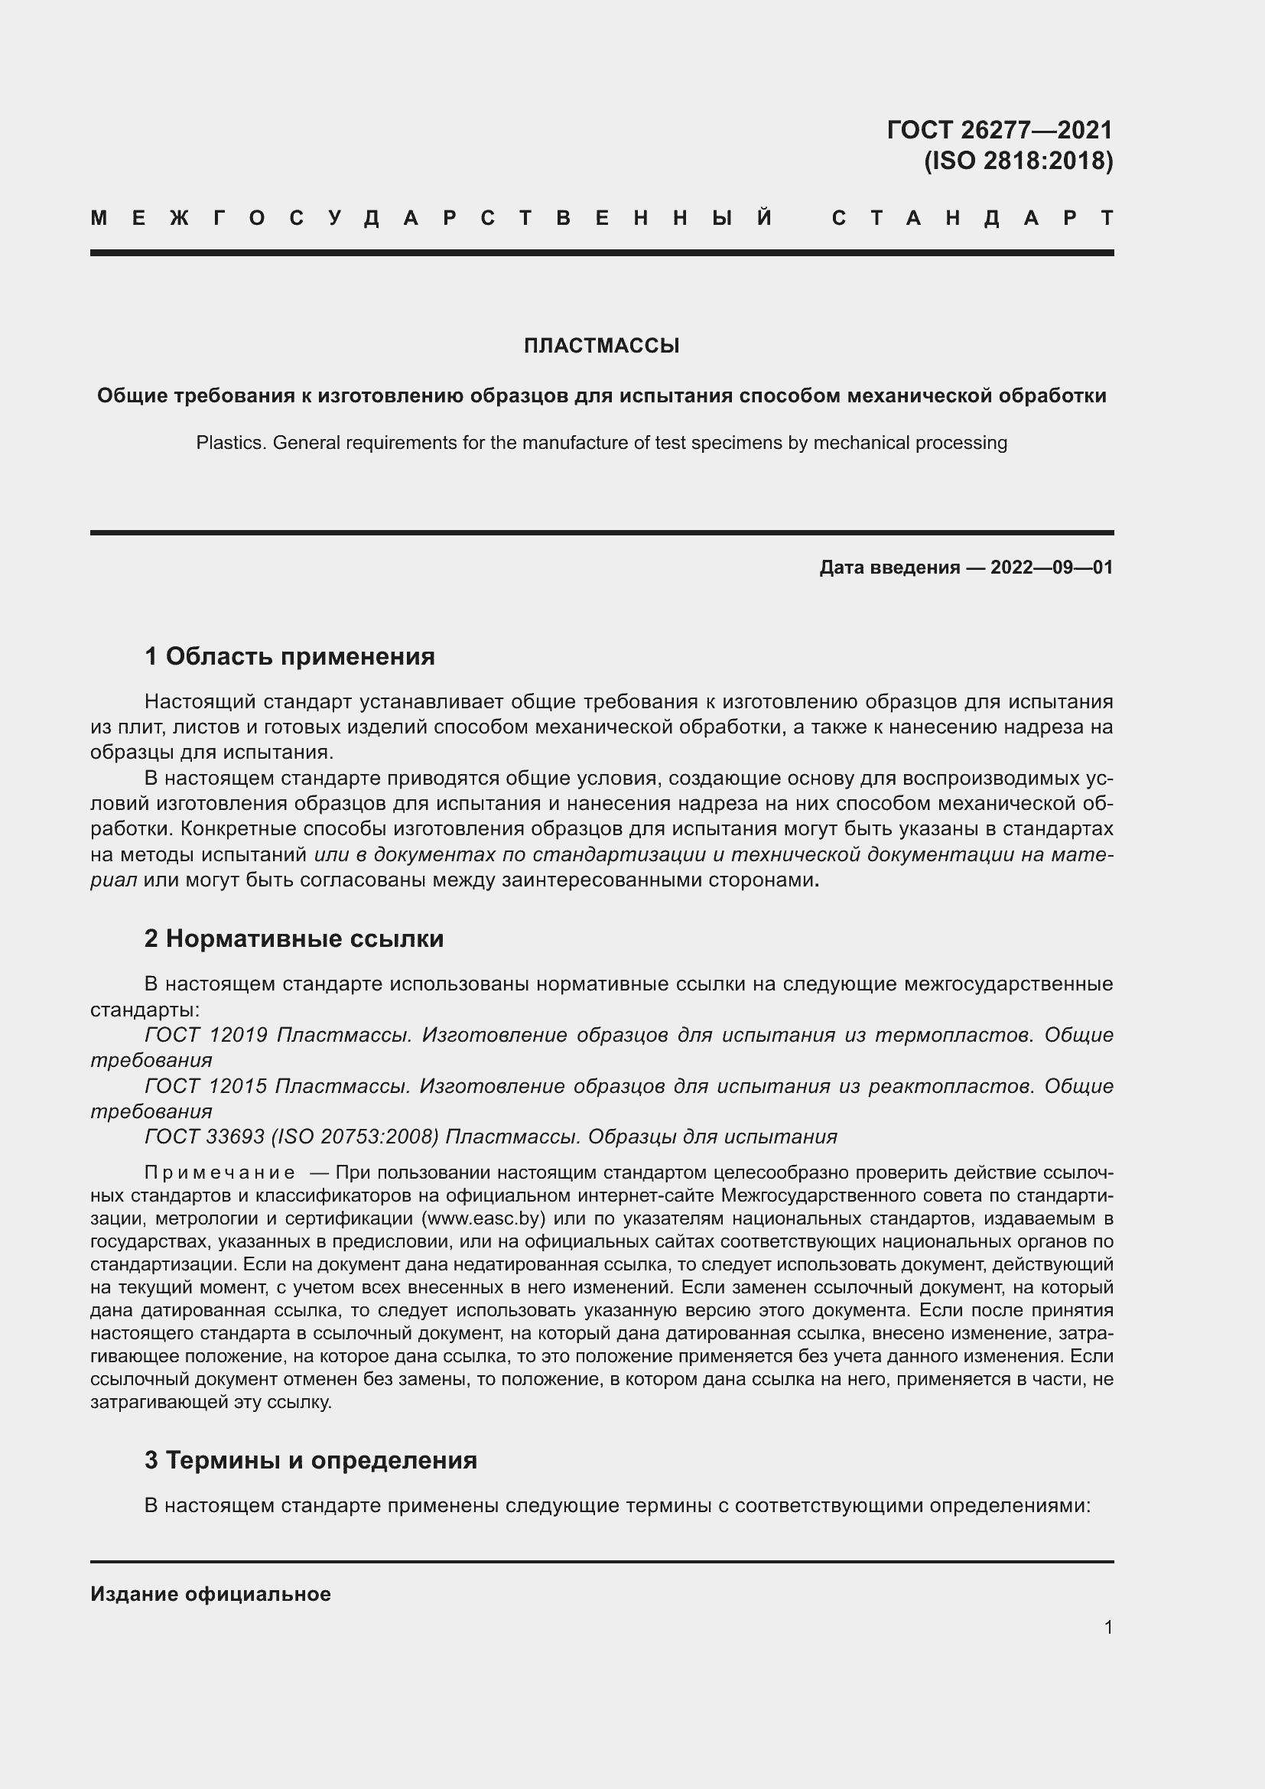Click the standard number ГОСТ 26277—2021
point(1000,129)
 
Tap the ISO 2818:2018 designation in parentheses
point(1018,161)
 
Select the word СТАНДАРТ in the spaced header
point(973,218)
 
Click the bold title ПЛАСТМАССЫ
point(601,346)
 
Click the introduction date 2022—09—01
point(1051,568)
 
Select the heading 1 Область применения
point(289,656)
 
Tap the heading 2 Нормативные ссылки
point(294,938)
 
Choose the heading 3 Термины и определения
point(310,1459)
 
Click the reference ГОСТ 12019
point(206,1035)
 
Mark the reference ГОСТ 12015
point(206,1085)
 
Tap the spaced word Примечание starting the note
point(220,1173)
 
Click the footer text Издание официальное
point(210,1594)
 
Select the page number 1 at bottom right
point(1107,1627)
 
